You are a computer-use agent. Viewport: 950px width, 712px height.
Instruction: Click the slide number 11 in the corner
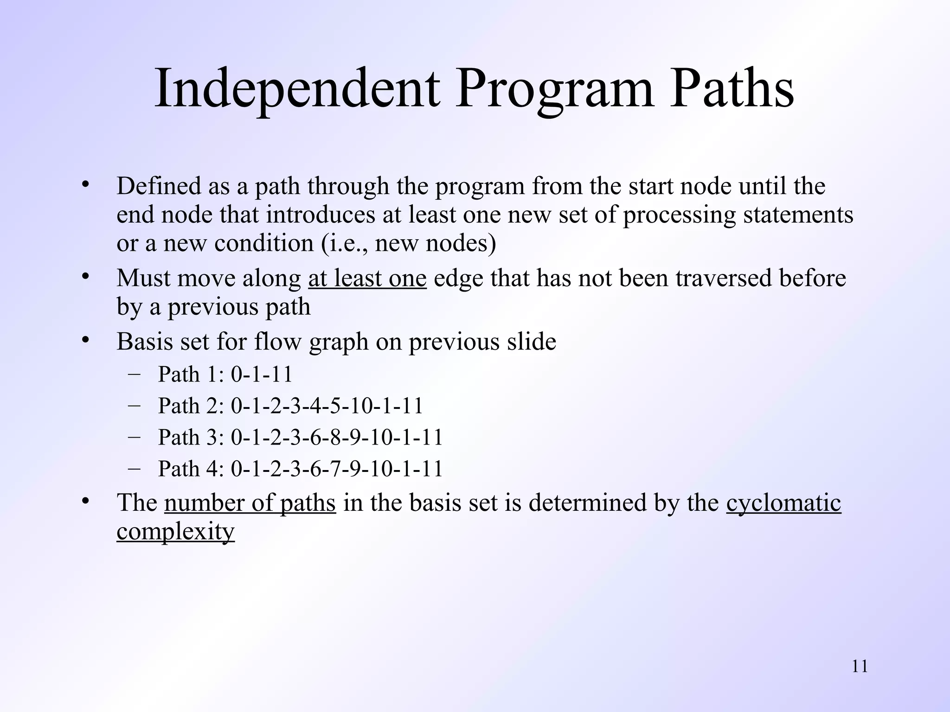860,667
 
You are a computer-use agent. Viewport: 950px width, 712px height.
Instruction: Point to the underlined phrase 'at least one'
367,279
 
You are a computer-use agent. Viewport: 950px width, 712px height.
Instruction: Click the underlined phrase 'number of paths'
250,503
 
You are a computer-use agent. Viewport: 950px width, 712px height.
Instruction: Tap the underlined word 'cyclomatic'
783,503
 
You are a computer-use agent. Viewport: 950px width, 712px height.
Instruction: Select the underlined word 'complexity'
175,531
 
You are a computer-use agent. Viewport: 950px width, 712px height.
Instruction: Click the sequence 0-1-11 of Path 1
262,374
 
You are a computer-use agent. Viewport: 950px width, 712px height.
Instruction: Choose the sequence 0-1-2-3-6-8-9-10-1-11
337,437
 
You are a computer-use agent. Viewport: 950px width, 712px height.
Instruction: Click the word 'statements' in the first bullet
798,215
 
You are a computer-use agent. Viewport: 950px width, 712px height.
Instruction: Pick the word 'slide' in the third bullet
531,342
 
